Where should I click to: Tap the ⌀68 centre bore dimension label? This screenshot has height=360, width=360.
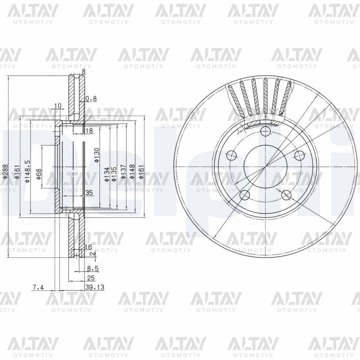tap(39, 174)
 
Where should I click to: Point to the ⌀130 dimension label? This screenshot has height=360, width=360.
tap(96, 154)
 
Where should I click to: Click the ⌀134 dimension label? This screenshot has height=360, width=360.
tap(107, 174)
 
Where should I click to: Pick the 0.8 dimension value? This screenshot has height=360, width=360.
tap(91, 98)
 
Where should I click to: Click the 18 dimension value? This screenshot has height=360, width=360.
tap(89, 130)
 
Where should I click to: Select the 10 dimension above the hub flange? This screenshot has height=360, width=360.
tap(57, 106)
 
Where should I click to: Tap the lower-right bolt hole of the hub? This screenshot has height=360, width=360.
tap(286, 194)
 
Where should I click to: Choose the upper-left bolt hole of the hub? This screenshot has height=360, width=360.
tap(232, 156)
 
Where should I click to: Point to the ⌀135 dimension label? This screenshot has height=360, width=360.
tap(114, 174)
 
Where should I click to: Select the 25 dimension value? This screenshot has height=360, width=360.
tap(90, 278)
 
